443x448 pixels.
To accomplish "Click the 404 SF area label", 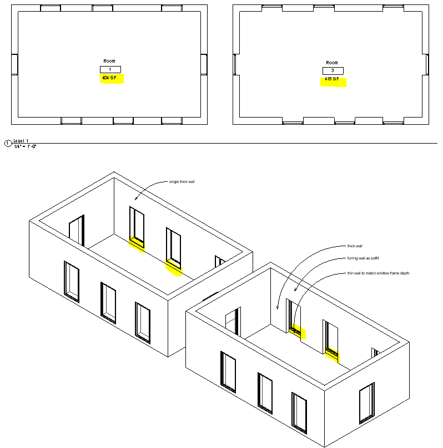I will [x=109, y=79].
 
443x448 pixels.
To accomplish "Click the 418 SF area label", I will [x=332, y=79].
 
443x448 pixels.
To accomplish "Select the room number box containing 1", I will [x=110, y=69].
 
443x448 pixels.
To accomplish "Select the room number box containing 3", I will [x=333, y=71].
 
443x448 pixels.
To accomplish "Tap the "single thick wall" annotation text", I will [x=182, y=181].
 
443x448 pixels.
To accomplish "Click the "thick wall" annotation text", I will [x=355, y=246].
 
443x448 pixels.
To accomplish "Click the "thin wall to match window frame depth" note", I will [x=378, y=273].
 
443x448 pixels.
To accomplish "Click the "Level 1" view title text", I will [x=21, y=141].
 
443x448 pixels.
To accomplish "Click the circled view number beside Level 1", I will [x=8, y=144].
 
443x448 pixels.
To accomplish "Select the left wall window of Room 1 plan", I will [x=14, y=64].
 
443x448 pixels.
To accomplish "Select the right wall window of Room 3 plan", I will [x=426, y=64].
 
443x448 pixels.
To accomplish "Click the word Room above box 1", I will [x=109, y=61].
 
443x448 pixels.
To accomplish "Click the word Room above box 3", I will [x=332, y=63].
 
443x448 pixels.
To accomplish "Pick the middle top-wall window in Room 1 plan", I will [x=103, y=8].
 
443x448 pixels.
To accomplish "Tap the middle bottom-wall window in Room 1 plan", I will [x=123, y=120].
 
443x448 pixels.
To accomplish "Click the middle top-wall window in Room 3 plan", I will [x=325, y=7].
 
